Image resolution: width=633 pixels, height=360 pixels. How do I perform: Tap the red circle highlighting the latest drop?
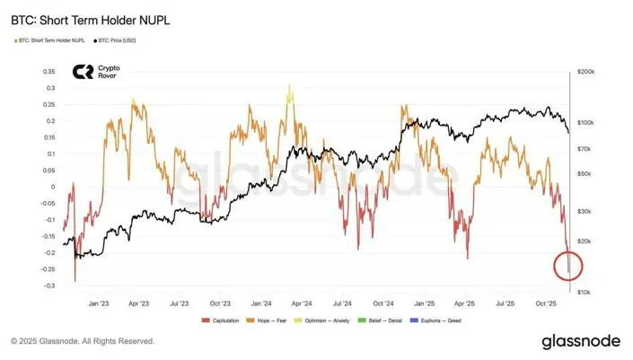click(x=569, y=265)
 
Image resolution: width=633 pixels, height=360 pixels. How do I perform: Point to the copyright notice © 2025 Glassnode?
click(x=83, y=341)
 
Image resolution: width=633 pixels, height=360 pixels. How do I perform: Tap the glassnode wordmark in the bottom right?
click(x=580, y=342)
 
